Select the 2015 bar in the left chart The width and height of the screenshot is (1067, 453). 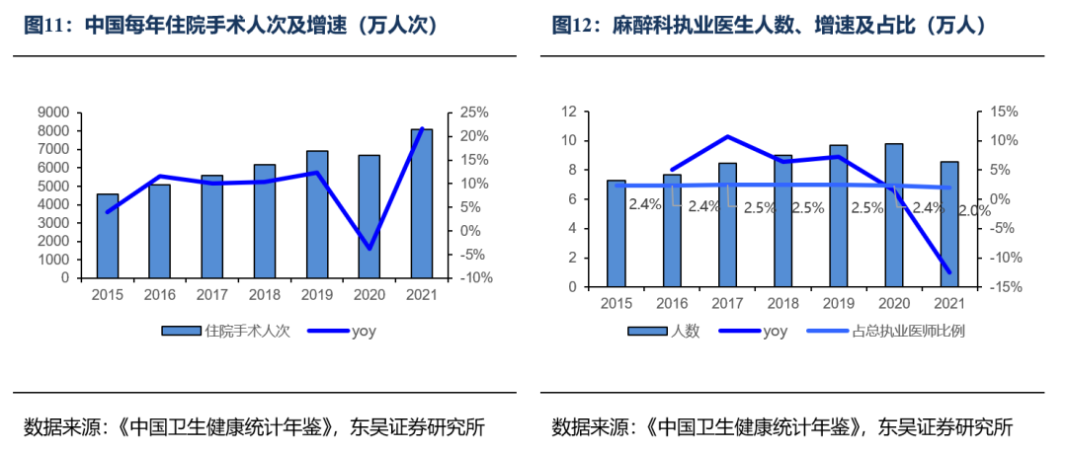(x=108, y=236)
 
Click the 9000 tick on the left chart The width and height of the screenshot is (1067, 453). (x=53, y=113)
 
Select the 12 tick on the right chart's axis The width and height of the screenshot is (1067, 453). (x=568, y=113)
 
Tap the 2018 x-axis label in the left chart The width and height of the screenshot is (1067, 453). (x=265, y=294)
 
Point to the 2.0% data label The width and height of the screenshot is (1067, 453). (x=974, y=210)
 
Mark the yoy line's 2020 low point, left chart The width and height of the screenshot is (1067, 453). (x=369, y=249)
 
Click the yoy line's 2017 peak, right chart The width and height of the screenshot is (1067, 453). (x=727, y=136)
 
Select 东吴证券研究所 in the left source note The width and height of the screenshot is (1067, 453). (x=416, y=427)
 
